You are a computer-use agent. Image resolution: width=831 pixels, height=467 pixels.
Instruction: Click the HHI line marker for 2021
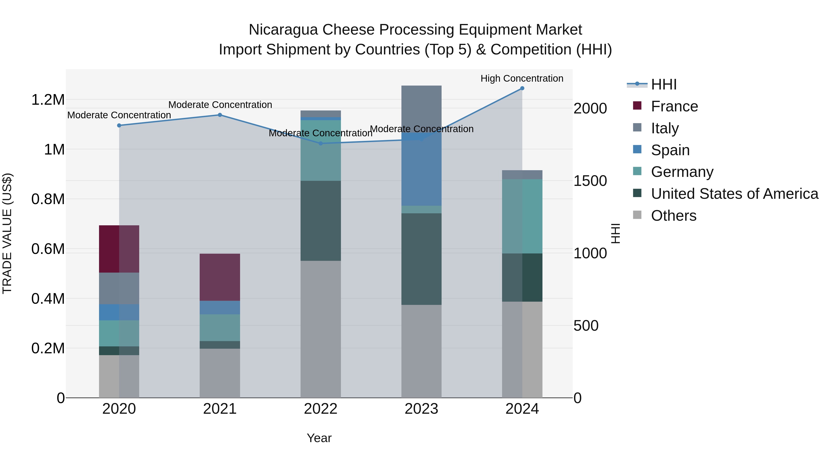point(220,115)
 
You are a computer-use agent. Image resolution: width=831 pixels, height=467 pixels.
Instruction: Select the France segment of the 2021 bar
point(220,277)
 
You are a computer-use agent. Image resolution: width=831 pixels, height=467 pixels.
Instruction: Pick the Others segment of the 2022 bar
point(320,329)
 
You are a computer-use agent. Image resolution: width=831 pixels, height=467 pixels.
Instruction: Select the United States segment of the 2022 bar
point(320,221)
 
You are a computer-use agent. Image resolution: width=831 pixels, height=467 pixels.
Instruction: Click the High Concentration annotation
point(522,78)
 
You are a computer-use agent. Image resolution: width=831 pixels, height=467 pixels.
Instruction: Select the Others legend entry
point(673,216)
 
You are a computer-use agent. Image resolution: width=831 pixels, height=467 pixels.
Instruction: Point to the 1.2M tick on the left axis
point(48,100)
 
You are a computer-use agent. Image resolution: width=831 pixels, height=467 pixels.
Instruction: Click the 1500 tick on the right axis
point(590,181)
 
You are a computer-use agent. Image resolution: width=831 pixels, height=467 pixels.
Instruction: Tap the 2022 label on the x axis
point(320,409)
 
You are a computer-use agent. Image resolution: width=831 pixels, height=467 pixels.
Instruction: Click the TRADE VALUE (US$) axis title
point(7,233)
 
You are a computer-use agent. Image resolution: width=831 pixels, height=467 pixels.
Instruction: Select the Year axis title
point(319,438)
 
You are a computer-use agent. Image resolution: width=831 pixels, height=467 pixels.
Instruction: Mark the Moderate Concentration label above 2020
point(119,115)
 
